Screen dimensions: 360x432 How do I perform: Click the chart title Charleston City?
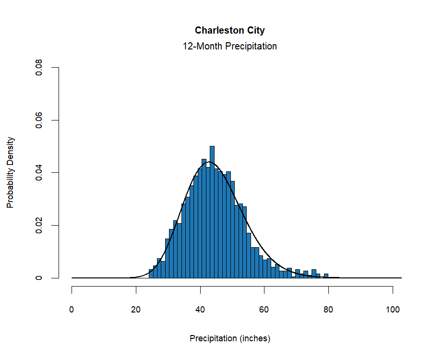pyautogui.click(x=229, y=30)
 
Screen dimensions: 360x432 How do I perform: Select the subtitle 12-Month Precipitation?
pyautogui.click(x=229, y=47)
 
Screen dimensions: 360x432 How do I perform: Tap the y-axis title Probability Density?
pyautogui.click(x=11, y=172)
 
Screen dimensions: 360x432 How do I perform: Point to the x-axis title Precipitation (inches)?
pyautogui.click(x=230, y=338)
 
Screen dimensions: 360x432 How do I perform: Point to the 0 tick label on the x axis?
pyautogui.click(x=72, y=310)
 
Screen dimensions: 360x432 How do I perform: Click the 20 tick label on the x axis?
pyautogui.click(x=136, y=310)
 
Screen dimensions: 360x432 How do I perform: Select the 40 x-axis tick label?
pyautogui.click(x=200, y=310)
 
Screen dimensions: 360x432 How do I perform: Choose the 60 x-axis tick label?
pyautogui.click(x=264, y=310)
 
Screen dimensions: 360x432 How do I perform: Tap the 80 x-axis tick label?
pyautogui.click(x=328, y=310)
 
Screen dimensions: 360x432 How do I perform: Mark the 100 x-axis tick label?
pyautogui.click(x=393, y=310)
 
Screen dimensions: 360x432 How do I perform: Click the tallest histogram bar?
pyautogui.click(x=212, y=211)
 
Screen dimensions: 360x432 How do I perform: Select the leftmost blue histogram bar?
pyautogui.click(x=151, y=274)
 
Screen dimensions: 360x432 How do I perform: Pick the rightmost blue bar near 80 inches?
pyautogui.click(x=326, y=276)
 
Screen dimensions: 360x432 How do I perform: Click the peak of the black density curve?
pyautogui.click(x=208, y=162)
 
